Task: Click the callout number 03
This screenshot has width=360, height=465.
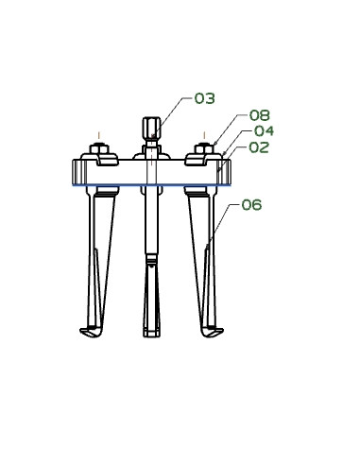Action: [x=205, y=98]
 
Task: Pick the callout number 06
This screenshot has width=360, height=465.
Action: [x=251, y=204]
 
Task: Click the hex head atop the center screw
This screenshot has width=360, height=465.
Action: [x=150, y=127]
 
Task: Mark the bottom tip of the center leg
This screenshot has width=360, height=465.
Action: [x=150, y=334]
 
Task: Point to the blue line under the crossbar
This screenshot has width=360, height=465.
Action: [x=151, y=185]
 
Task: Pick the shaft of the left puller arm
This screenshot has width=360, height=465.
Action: [x=99, y=255]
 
